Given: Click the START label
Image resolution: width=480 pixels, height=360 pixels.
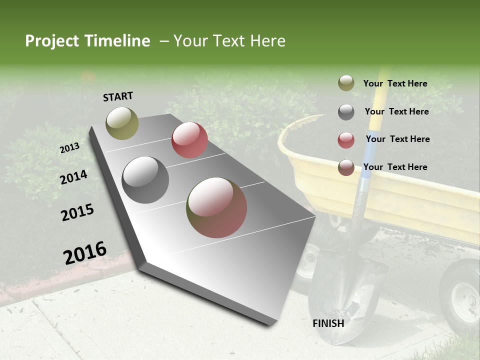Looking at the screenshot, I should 118,96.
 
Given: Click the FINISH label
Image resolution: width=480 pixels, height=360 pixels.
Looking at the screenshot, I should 328,323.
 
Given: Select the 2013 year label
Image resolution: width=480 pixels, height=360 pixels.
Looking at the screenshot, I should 69,148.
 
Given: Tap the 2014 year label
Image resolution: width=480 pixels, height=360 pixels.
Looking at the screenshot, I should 74,177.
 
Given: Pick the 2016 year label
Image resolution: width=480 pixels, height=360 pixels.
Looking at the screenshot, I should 85,253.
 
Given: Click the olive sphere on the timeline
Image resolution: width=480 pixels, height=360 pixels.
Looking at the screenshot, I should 122,123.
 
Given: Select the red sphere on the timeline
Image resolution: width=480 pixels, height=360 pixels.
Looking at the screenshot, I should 189,140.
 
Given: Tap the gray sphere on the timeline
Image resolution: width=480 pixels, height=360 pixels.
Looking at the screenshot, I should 145,180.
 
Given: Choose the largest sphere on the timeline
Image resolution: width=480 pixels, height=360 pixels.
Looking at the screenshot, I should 216,207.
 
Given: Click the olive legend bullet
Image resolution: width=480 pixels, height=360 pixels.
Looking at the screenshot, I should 346,83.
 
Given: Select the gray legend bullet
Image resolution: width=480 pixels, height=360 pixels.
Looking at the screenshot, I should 346,112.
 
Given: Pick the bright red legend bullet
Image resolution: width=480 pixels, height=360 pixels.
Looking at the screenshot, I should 346,140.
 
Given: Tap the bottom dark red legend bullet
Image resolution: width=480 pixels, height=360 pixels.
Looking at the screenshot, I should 346,167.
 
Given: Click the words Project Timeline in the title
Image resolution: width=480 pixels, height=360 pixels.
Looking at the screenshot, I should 87,41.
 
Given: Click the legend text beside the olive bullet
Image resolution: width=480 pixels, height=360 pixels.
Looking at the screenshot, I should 395,83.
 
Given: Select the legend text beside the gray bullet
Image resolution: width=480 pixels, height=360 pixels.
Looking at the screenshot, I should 396,111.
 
